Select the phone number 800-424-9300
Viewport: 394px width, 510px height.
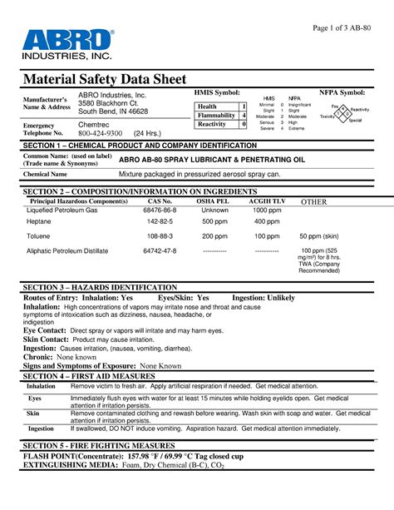click(x=101, y=133)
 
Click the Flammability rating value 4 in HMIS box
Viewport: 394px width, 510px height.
click(x=244, y=116)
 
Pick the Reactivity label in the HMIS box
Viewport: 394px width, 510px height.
click(x=214, y=124)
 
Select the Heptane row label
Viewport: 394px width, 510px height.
click(x=39, y=223)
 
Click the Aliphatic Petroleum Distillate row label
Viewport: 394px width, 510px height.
click(x=68, y=250)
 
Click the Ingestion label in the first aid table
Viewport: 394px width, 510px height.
click(x=42, y=428)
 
